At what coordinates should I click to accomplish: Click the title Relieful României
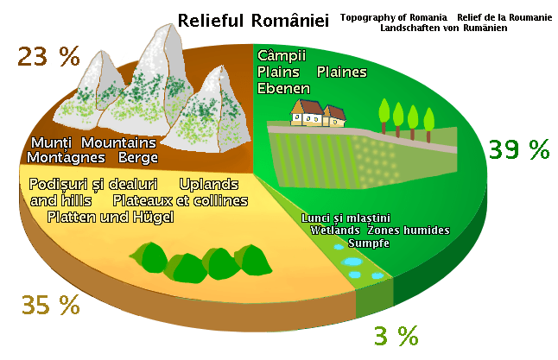tap(253, 20)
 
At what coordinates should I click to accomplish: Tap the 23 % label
tap(48, 58)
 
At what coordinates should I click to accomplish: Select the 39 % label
tap(518, 149)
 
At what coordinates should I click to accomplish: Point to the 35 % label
tap(50, 305)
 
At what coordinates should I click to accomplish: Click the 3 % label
tap(396, 335)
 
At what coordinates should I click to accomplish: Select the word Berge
tap(138, 157)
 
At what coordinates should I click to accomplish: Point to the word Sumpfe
tap(369, 243)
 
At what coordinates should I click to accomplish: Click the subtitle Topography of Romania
tap(394, 17)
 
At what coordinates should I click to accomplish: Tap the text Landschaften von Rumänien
tap(443, 28)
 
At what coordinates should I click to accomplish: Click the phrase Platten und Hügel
tap(111, 216)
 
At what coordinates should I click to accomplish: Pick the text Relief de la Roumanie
tap(503, 17)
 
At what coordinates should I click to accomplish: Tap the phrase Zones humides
tap(409, 231)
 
